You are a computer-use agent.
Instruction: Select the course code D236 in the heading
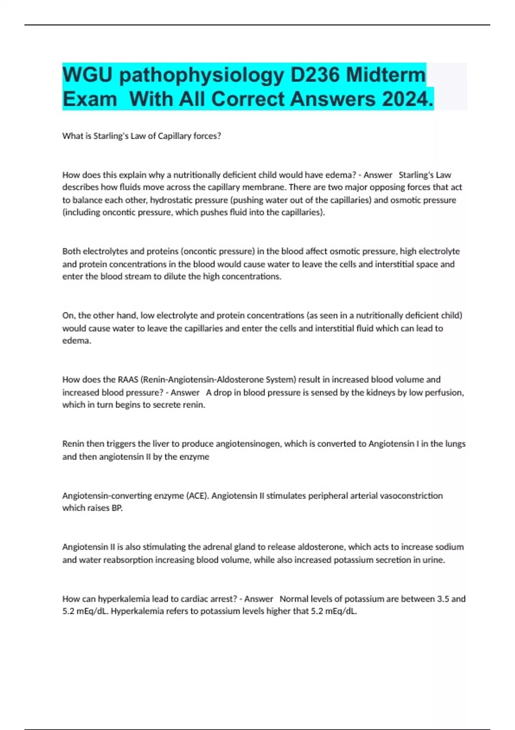tap(315, 75)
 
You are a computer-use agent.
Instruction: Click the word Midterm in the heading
tap(386, 75)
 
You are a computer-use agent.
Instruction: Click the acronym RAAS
tap(128, 380)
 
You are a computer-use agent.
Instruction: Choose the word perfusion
tap(444, 392)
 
